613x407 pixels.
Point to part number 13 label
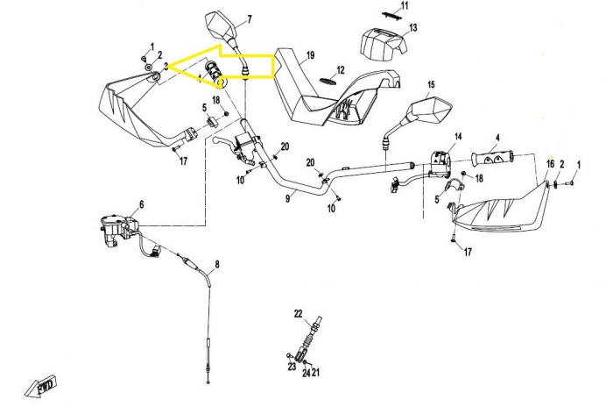(412, 28)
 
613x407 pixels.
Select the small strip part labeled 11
(391, 14)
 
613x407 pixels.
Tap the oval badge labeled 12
(328, 81)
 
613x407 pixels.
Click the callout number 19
(310, 55)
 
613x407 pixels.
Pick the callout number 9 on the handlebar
(288, 198)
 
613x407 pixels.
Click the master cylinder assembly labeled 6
(117, 231)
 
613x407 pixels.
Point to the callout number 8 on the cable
(216, 264)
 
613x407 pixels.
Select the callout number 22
(299, 314)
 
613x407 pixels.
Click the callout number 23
(292, 367)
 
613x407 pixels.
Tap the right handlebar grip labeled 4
(492, 157)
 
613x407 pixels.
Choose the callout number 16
(550, 164)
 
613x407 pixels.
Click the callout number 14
(458, 136)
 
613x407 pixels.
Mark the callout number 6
(142, 204)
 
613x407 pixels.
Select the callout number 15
(431, 84)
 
